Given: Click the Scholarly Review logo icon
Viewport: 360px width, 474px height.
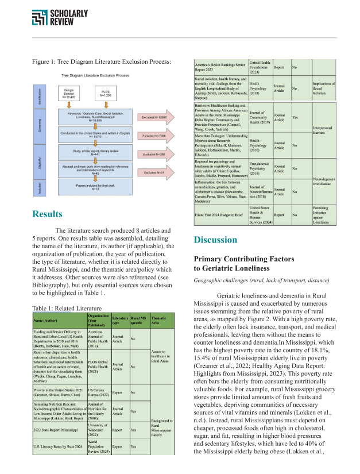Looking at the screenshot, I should click(x=40, y=18).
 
